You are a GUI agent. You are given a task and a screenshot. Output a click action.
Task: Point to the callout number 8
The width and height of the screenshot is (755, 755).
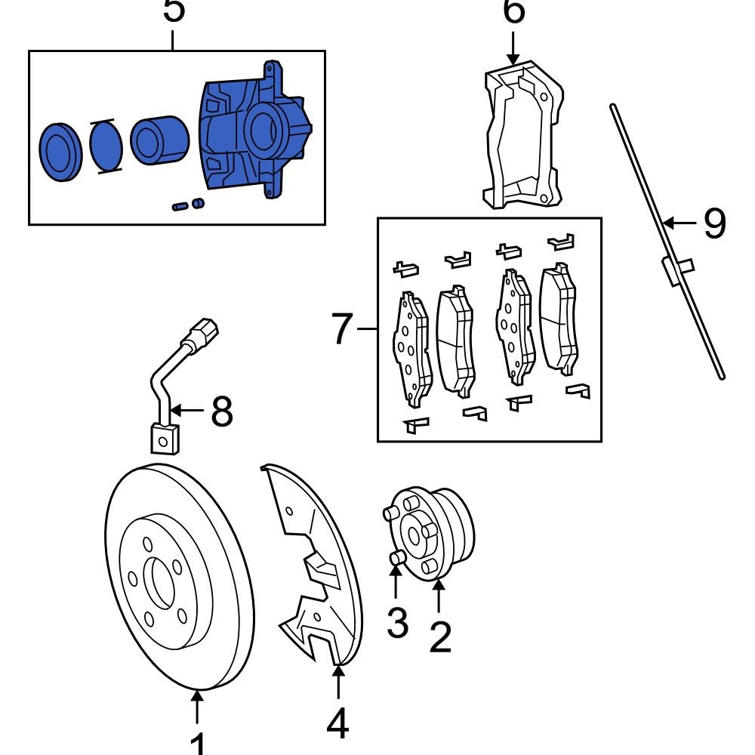(x=221, y=411)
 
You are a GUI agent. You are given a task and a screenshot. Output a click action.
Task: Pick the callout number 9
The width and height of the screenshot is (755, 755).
(x=713, y=223)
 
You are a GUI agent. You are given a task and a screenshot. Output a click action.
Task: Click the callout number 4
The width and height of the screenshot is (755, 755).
(x=337, y=724)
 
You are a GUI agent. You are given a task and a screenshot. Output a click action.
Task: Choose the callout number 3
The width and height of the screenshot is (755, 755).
(x=397, y=623)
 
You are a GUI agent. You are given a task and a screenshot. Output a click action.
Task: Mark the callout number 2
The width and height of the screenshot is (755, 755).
(x=439, y=636)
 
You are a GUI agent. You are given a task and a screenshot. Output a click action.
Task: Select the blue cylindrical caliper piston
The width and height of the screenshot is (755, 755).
(x=159, y=140)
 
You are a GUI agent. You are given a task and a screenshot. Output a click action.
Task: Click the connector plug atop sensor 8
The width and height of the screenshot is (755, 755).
(x=205, y=332)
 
